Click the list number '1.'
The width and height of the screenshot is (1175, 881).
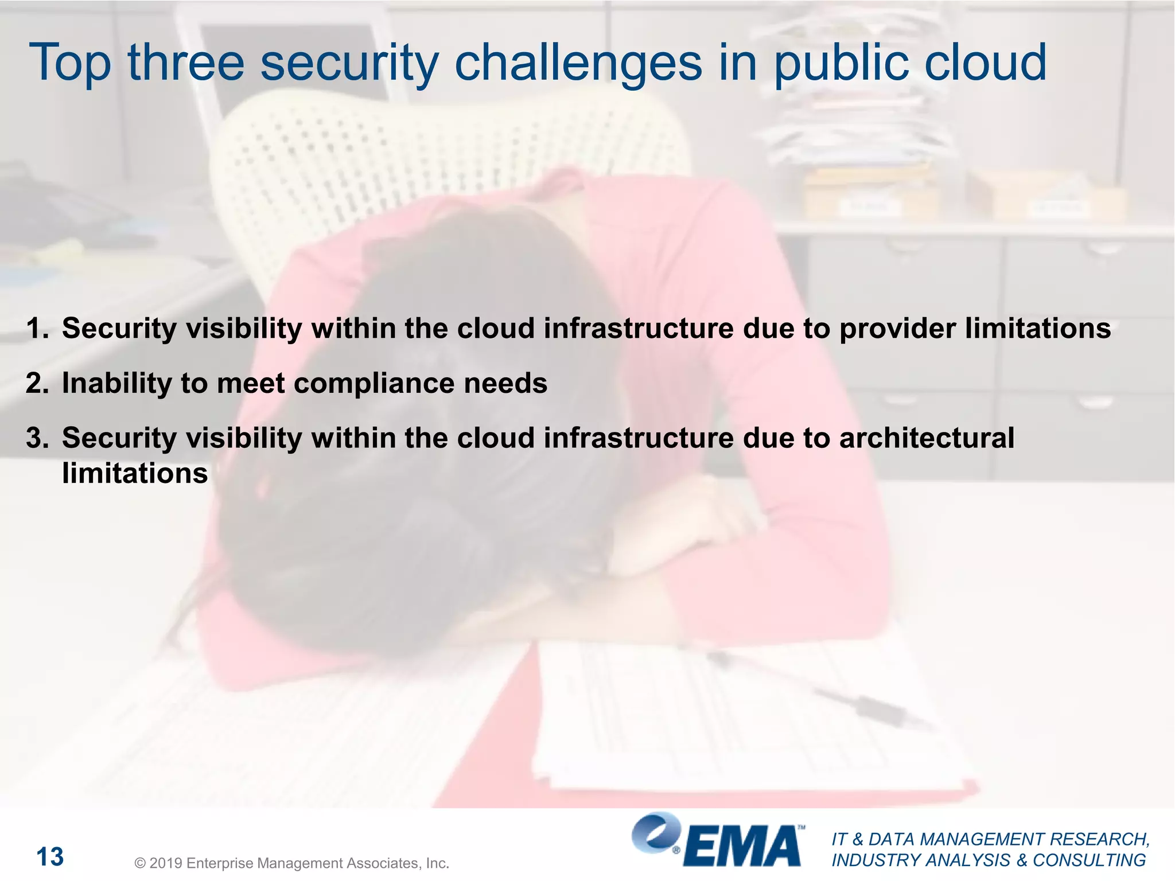click(37, 329)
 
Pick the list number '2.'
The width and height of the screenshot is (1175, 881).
click(37, 383)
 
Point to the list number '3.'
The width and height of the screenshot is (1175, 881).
click(37, 438)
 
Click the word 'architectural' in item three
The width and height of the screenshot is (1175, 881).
click(927, 438)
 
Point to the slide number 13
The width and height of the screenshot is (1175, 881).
click(50, 857)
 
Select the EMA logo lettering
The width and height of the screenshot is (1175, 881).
click(743, 846)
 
